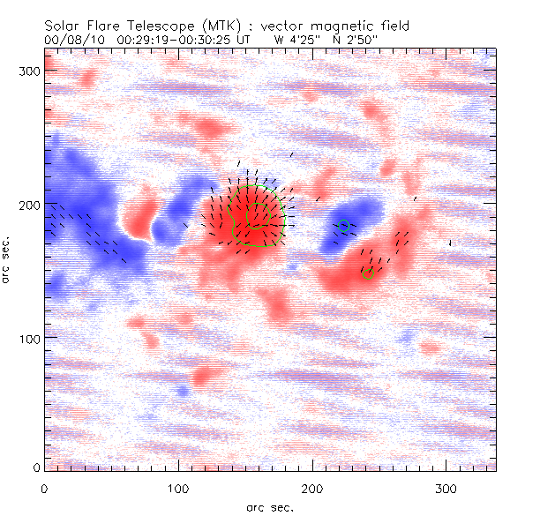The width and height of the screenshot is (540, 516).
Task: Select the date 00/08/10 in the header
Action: click(71, 40)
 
